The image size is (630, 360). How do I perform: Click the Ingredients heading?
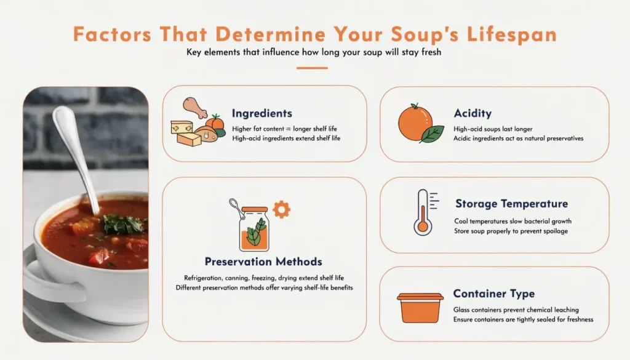(x=261, y=113)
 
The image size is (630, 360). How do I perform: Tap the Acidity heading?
(x=472, y=113)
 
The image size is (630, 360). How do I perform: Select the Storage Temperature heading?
(x=511, y=204)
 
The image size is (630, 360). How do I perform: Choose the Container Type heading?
(x=493, y=294)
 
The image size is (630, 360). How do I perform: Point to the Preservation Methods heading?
(x=263, y=262)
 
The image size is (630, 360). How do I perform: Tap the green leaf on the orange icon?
(x=433, y=134)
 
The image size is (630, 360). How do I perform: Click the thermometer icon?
(x=422, y=211)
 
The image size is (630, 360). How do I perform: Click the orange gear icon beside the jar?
(x=281, y=209)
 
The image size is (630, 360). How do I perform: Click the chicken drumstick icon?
(x=195, y=108)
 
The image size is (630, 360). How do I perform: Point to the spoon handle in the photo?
(x=74, y=148)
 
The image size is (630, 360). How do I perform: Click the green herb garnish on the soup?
(x=123, y=225)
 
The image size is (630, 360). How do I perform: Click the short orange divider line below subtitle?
(x=312, y=68)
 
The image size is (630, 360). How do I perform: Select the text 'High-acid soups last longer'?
(x=493, y=129)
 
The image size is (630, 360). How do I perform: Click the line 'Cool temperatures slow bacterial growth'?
(x=513, y=221)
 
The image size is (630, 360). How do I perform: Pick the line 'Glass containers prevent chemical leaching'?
(x=516, y=310)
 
